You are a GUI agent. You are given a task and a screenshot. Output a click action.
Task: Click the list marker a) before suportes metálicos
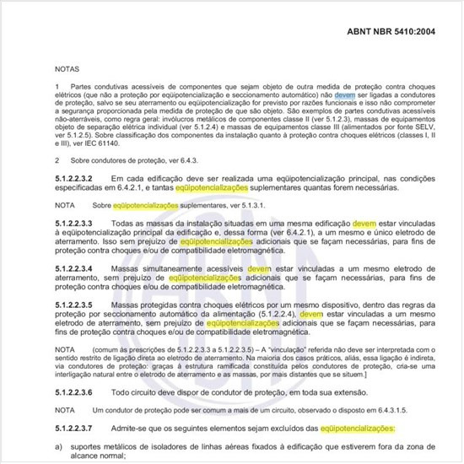tap(58, 444)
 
